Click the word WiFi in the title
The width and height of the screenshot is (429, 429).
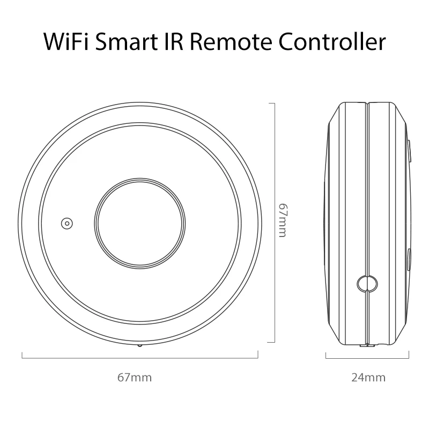click(72, 42)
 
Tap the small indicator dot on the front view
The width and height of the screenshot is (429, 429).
click(67, 223)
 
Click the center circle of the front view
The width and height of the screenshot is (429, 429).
click(140, 223)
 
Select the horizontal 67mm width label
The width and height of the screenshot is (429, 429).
click(135, 378)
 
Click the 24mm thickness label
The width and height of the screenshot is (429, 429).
click(368, 378)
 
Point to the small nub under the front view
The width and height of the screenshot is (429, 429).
click(140, 345)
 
